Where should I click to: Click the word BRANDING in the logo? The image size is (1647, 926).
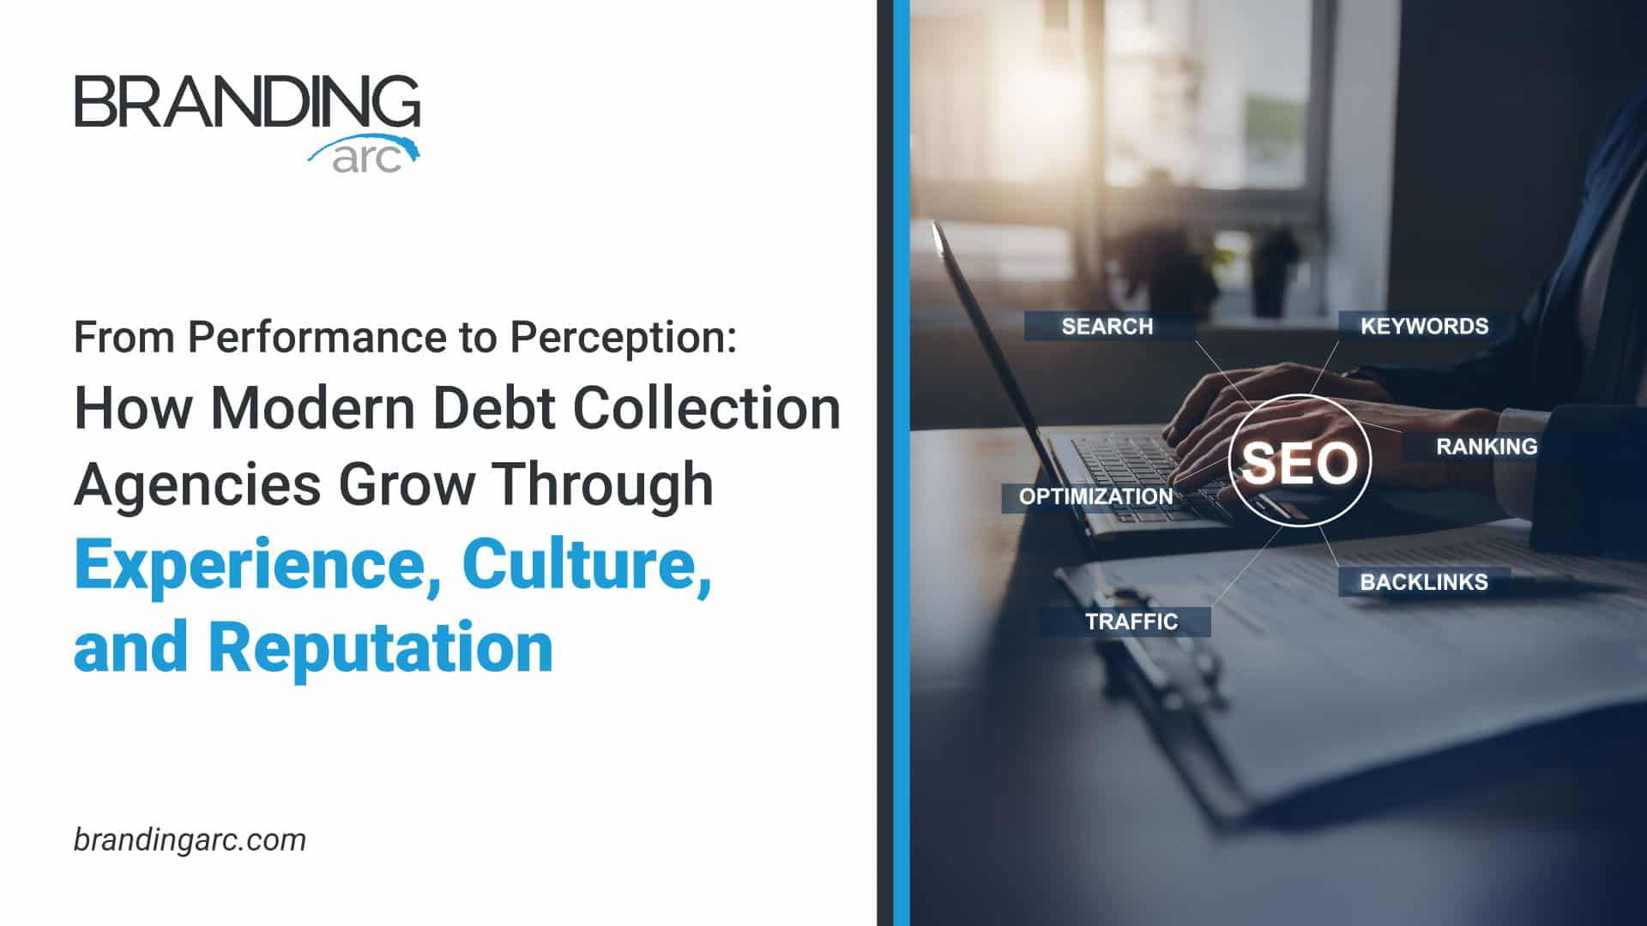(x=247, y=101)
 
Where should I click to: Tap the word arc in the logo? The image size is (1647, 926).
(x=366, y=159)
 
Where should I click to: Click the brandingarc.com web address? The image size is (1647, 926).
(x=190, y=839)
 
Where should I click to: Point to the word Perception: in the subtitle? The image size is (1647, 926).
(x=624, y=338)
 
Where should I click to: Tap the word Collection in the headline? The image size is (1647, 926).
(x=707, y=407)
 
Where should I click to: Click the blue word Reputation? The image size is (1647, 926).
(x=381, y=647)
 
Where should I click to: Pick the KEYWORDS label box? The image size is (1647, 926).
(x=1424, y=326)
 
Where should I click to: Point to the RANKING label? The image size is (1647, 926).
(x=1487, y=446)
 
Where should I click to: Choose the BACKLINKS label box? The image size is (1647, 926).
(x=1424, y=581)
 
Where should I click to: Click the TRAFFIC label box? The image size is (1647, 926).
(x=1125, y=622)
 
